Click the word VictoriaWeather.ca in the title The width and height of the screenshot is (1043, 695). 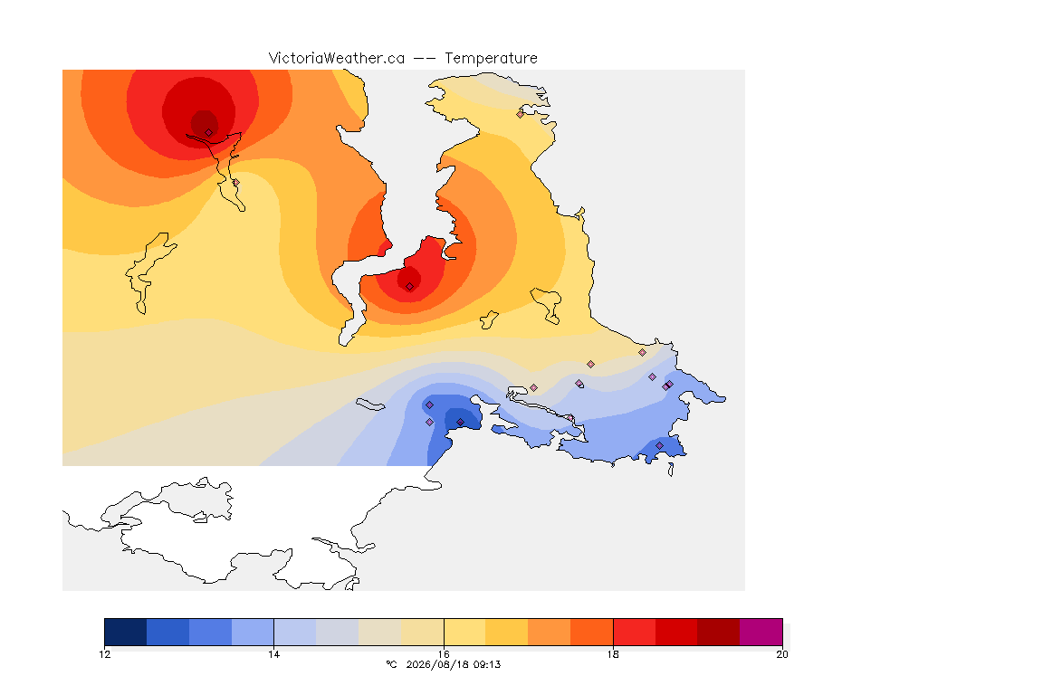337,59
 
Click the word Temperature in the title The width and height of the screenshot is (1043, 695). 491,59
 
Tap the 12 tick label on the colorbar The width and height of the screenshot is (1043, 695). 104,654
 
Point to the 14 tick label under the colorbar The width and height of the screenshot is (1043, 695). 274,654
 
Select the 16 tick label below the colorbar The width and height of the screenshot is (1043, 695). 444,654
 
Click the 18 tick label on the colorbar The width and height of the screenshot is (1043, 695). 613,654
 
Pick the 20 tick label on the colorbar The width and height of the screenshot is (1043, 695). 782,654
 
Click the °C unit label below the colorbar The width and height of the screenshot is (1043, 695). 391,664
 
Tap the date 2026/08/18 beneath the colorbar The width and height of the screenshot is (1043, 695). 435,664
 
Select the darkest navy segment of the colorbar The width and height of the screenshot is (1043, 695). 126,632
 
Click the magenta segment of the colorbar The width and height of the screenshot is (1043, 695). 761,632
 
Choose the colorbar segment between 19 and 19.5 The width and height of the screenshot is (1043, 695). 718,632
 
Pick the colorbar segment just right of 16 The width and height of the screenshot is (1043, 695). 465,632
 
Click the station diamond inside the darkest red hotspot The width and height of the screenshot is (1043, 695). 209,133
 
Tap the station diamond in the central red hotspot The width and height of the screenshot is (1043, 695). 410,287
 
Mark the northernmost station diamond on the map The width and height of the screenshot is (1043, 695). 521,114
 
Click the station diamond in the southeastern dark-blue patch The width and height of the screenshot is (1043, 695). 659,445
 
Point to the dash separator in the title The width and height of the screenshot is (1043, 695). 425,59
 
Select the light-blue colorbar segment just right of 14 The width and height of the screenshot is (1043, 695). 295,632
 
